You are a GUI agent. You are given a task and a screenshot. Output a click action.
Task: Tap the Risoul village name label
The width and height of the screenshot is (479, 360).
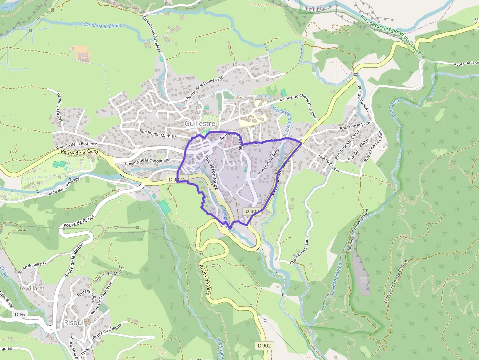(74, 323)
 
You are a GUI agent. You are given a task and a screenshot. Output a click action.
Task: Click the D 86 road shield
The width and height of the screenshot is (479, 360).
(20, 314)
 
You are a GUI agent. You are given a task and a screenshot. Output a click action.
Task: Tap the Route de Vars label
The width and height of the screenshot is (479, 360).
(207, 279)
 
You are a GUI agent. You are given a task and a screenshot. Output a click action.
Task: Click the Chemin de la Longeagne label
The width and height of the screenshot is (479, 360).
(204, 86)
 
